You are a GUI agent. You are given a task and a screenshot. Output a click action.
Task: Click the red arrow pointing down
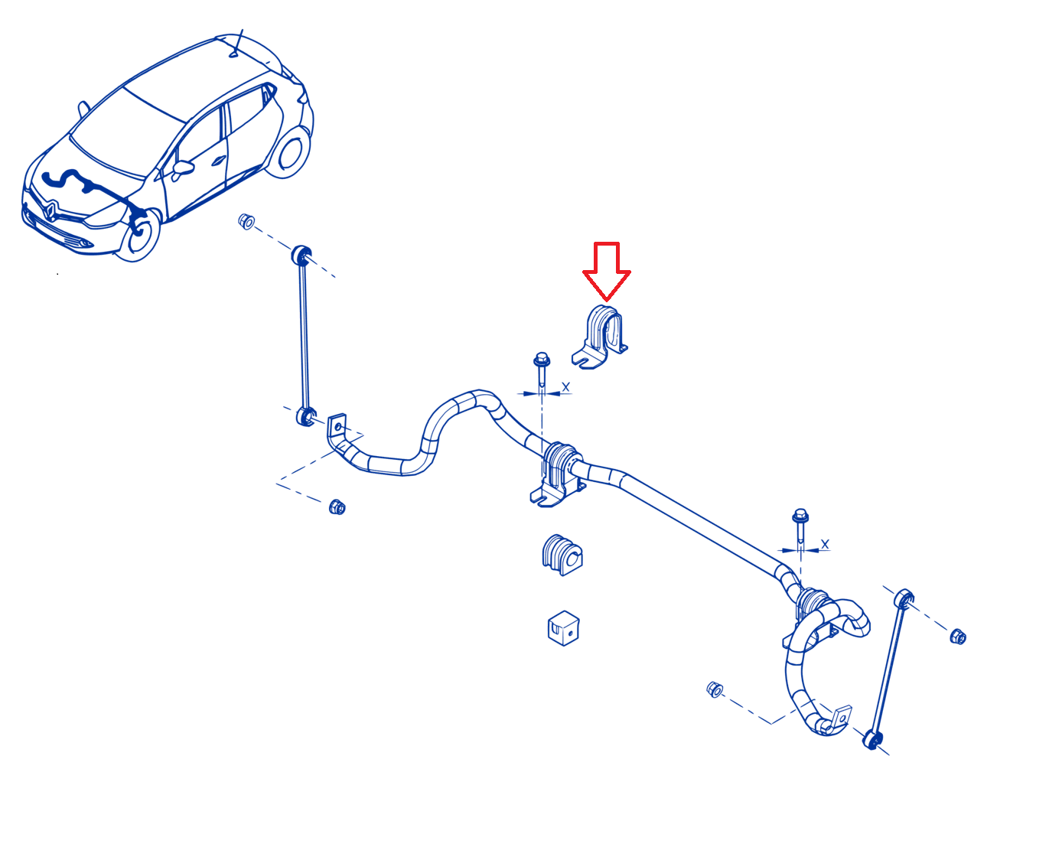click(x=606, y=272)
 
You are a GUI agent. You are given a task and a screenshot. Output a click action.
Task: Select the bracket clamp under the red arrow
click(x=599, y=337)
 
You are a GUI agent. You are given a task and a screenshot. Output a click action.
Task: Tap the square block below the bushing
click(x=563, y=628)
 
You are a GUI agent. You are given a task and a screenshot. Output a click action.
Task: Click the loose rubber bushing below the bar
click(x=562, y=555)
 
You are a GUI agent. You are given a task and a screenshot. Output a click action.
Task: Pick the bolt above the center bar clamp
click(x=541, y=373)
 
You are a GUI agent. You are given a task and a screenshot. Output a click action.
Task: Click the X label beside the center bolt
click(x=565, y=387)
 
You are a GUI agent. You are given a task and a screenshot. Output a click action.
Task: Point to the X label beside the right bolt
click(x=825, y=544)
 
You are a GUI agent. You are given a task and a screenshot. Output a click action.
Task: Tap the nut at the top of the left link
click(x=246, y=222)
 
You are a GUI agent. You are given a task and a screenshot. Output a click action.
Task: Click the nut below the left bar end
click(x=337, y=507)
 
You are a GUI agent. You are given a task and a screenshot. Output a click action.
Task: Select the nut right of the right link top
click(x=958, y=637)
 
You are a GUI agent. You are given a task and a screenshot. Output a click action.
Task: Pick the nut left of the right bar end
click(x=714, y=689)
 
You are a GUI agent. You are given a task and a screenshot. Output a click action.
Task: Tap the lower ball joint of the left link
click(x=305, y=416)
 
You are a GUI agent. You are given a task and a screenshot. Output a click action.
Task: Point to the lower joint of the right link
click(x=872, y=740)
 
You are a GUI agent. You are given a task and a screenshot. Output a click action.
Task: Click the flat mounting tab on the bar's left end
click(x=337, y=426)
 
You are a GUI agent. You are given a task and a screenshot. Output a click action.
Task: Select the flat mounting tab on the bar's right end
click(x=842, y=718)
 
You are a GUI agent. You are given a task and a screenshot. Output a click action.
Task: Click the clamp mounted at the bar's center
click(x=559, y=474)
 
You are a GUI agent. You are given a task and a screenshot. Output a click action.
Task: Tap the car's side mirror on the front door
click(x=183, y=168)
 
